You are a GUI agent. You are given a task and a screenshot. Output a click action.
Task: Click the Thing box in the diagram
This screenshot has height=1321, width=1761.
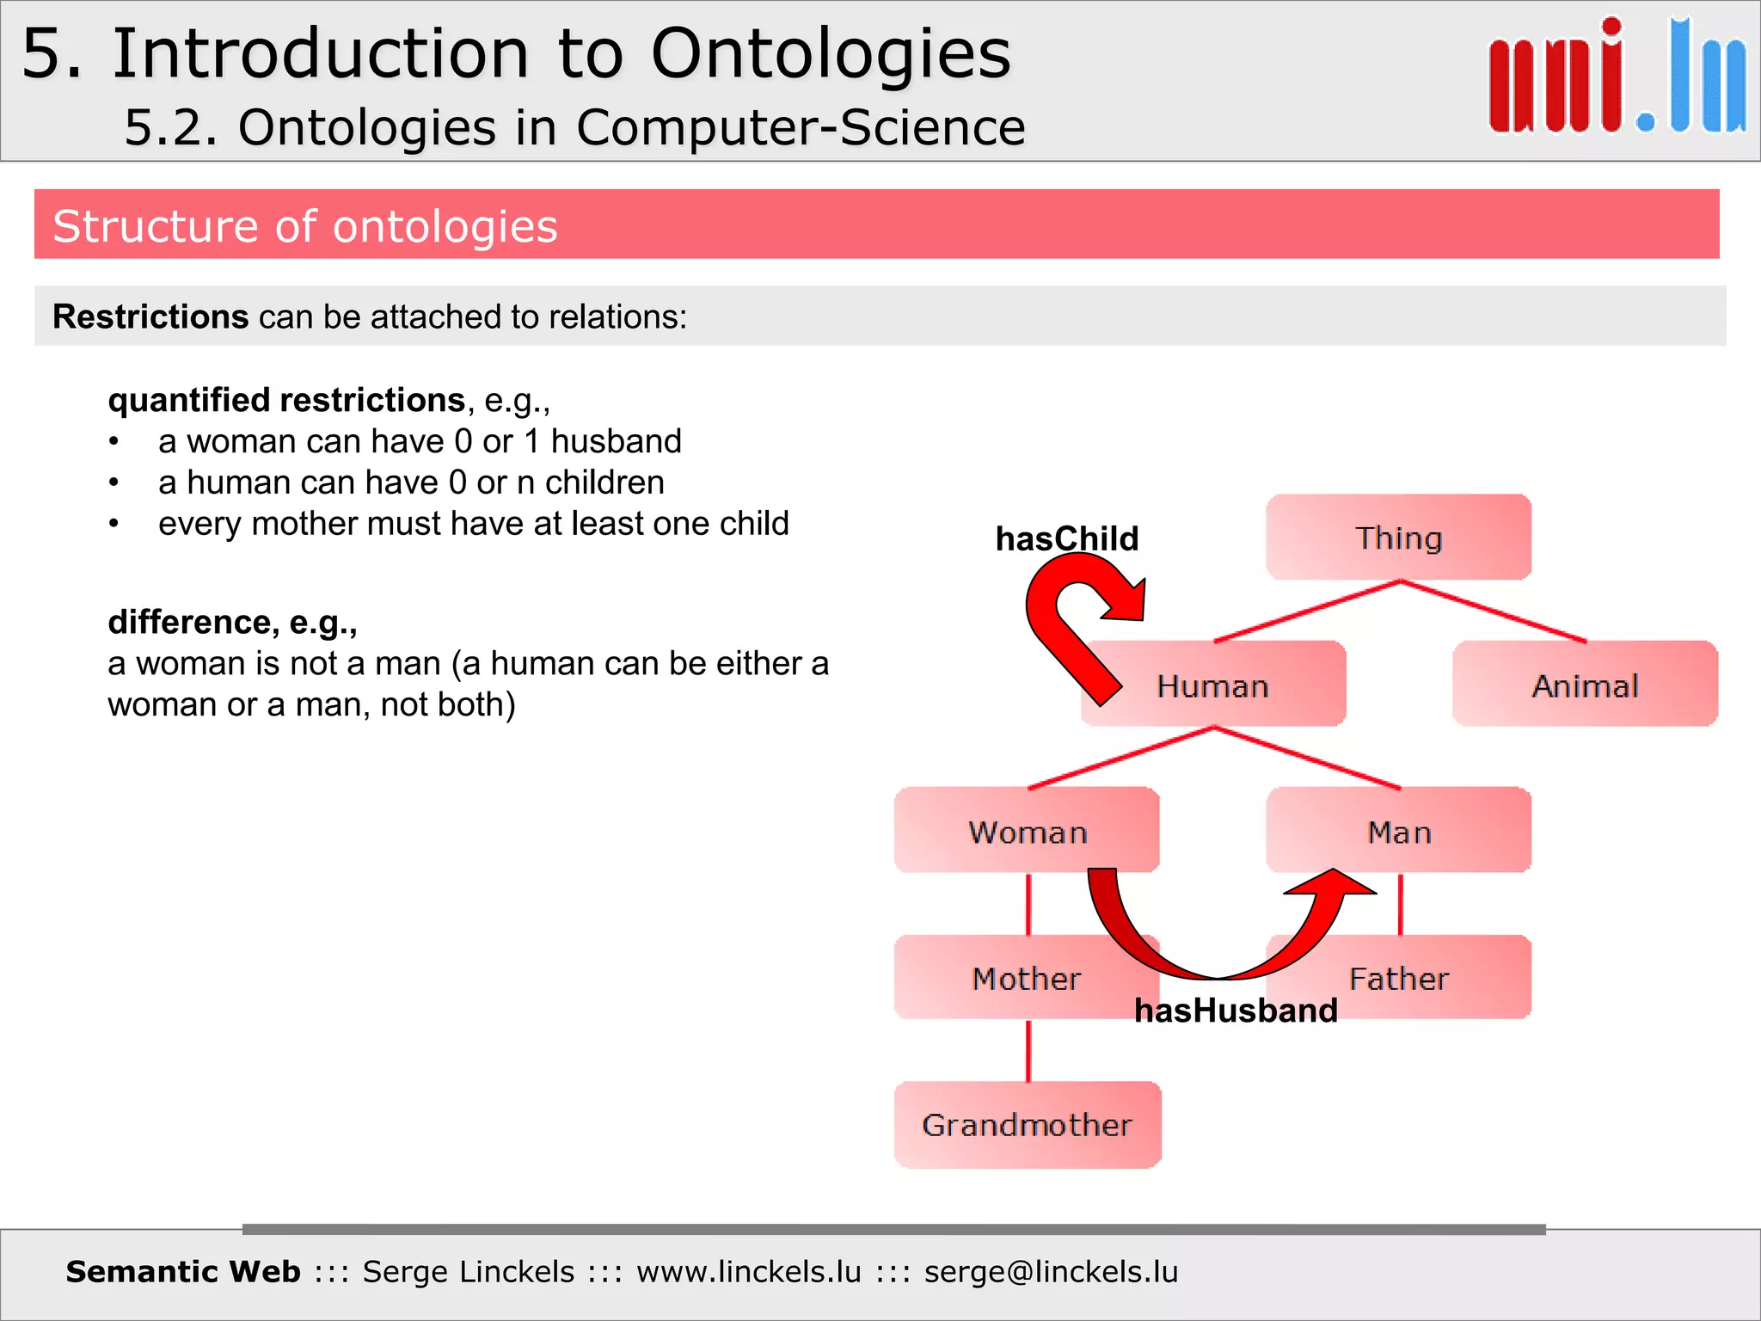pos(1398,538)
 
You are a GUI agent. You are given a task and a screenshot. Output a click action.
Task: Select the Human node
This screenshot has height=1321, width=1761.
pos(1212,685)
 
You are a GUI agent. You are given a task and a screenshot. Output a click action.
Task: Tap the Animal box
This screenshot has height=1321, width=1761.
pos(1585,685)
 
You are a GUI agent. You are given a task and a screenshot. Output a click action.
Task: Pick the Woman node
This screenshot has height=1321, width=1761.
pos(1027,831)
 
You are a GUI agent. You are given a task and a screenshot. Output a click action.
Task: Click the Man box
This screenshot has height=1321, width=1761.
pos(1398,831)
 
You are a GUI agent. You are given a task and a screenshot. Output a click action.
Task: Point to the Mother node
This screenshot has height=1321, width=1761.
pos(1025,978)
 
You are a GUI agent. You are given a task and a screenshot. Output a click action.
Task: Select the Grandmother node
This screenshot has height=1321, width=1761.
pos(1027,1124)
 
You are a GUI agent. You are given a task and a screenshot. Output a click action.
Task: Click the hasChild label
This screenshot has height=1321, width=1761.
pos(1066,538)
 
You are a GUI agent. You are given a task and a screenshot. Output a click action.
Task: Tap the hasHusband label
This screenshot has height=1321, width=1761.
pos(1236,1010)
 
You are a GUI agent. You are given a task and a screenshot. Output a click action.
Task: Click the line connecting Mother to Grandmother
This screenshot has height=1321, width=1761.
pos(1028,1050)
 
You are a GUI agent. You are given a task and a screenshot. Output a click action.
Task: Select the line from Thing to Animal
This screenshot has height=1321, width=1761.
pos(1494,611)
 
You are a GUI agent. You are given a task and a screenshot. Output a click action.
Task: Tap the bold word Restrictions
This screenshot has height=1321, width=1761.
pos(150,316)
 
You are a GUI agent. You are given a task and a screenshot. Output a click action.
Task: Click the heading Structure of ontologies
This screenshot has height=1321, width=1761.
pos(305,226)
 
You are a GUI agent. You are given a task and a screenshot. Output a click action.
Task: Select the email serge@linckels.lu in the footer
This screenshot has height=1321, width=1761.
pos(1051,1271)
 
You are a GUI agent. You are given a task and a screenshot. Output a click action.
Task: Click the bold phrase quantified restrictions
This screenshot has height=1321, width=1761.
pos(286,400)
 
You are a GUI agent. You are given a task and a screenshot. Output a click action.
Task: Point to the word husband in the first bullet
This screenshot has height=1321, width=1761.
pos(616,441)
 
